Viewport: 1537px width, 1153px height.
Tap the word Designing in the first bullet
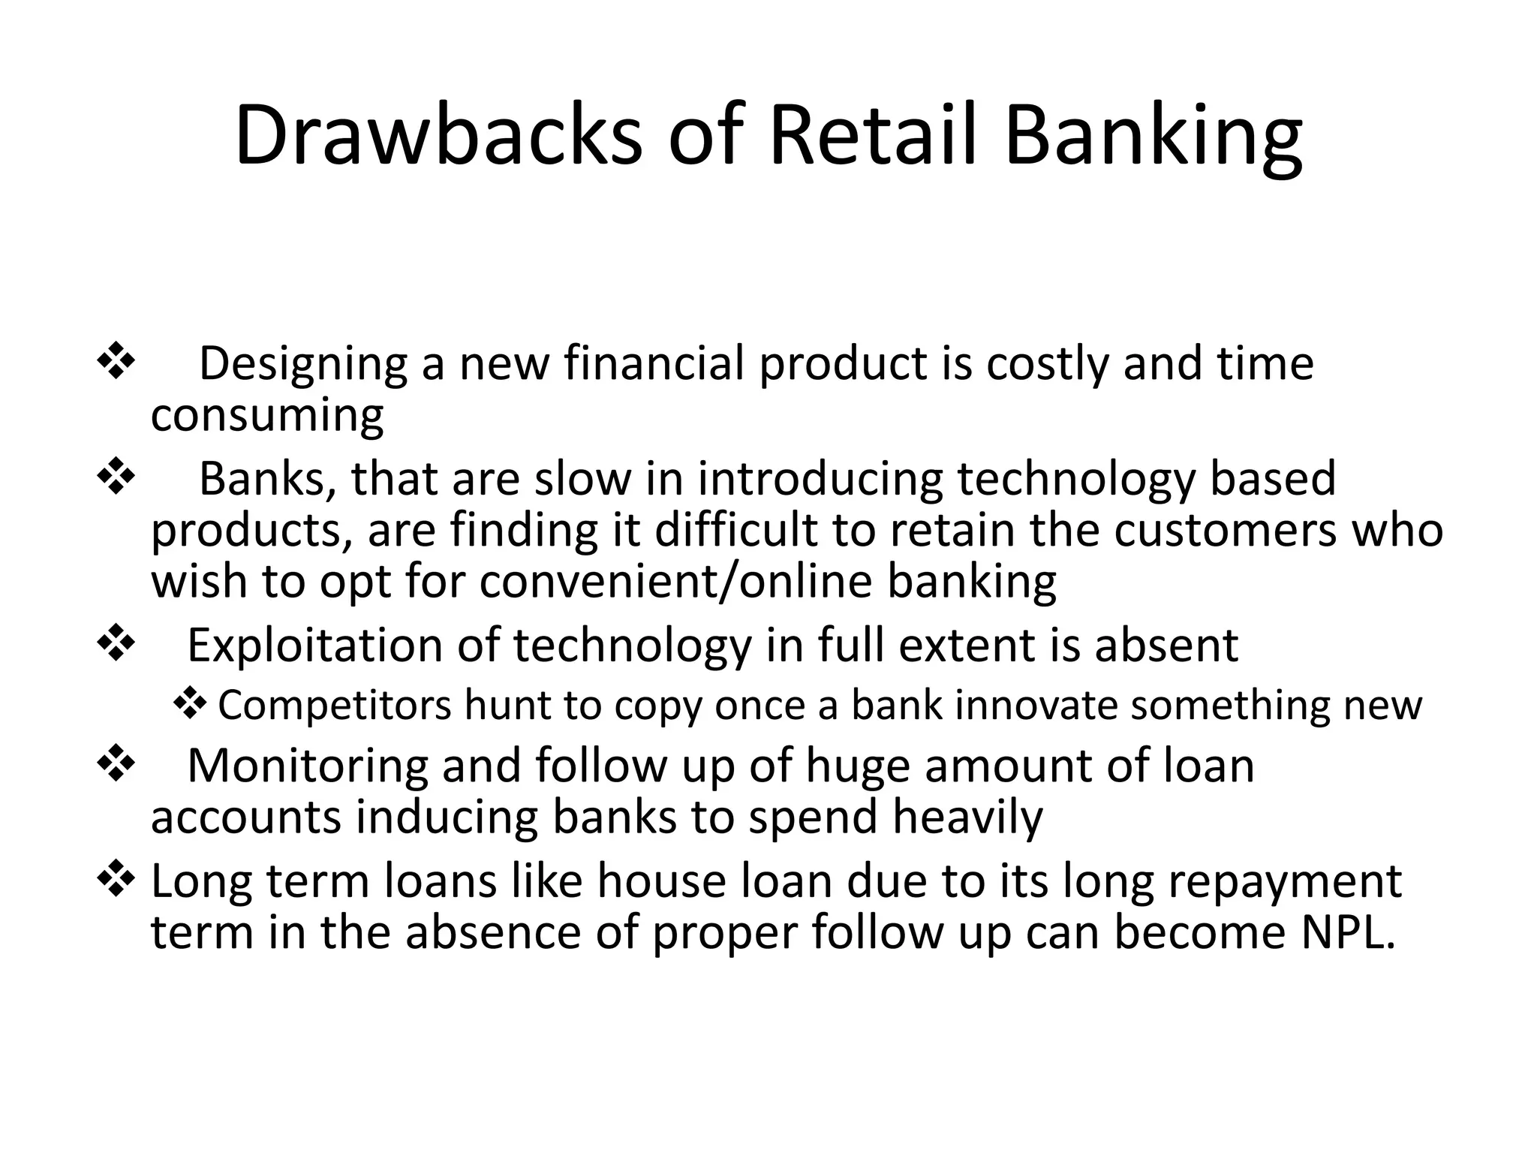pos(302,365)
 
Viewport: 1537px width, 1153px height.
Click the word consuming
pos(267,415)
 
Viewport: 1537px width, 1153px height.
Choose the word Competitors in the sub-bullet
pos(335,706)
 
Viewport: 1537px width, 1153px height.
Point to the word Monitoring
pos(307,766)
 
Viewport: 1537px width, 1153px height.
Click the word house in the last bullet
pos(662,881)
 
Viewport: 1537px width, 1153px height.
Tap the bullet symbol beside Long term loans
pos(116,878)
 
